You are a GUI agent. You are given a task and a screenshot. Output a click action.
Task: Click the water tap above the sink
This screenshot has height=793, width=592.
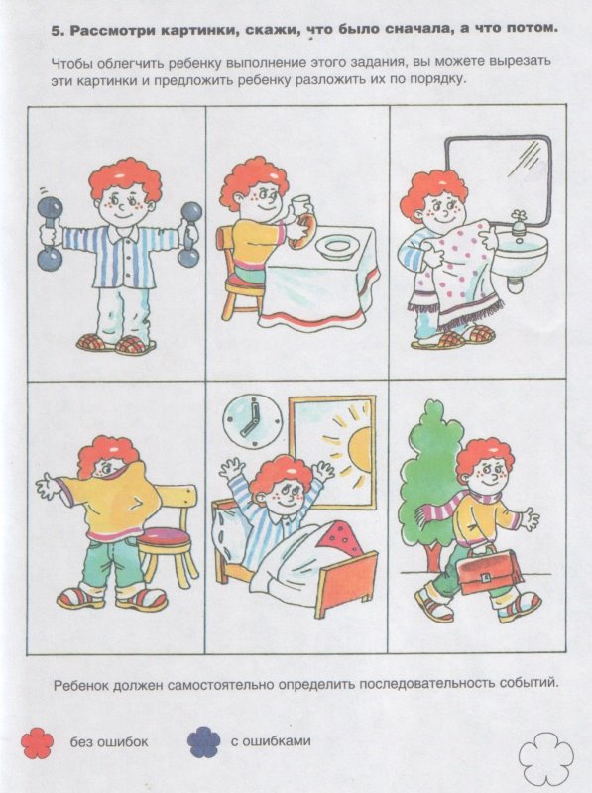[x=519, y=222]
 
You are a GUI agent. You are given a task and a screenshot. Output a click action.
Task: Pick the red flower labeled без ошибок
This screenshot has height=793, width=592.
[x=37, y=741]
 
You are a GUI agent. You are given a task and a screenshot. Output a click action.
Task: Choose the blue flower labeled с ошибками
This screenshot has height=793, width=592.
[x=203, y=741]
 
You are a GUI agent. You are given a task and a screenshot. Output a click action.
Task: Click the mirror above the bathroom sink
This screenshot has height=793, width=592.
[x=498, y=179]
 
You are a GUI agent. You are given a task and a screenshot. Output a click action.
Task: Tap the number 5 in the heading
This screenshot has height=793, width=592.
[x=56, y=31]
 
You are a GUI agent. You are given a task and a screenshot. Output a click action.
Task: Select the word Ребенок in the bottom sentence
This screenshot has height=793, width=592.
[x=82, y=685]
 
